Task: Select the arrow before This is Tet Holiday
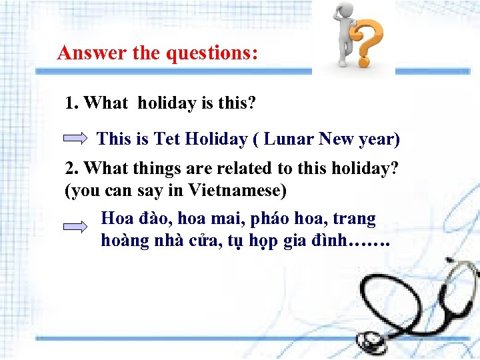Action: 75,139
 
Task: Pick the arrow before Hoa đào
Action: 75,227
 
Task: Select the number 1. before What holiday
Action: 72,103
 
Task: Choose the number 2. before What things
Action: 72,169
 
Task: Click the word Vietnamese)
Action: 237,190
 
